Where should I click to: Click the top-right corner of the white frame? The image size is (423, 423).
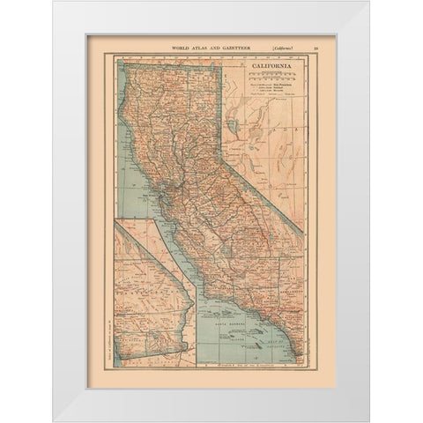pos(368,2)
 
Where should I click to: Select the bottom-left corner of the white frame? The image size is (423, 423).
pos(55,420)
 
